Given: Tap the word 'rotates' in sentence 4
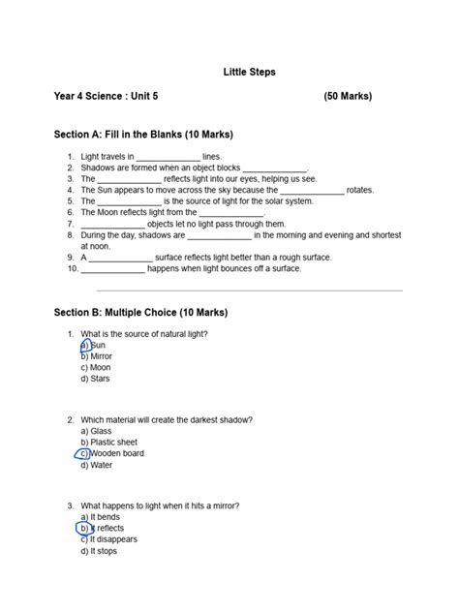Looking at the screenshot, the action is [x=359, y=191].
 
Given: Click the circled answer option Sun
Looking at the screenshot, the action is [x=93, y=346].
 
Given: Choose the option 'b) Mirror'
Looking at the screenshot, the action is [x=97, y=356].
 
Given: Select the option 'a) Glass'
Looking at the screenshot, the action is [x=96, y=431].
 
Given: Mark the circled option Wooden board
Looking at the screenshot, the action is [x=111, y=453].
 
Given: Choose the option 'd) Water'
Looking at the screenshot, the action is [x=96, y=465].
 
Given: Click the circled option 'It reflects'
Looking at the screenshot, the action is [x=102, y=529].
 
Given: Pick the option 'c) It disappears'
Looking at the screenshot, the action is [x=108, y=539].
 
